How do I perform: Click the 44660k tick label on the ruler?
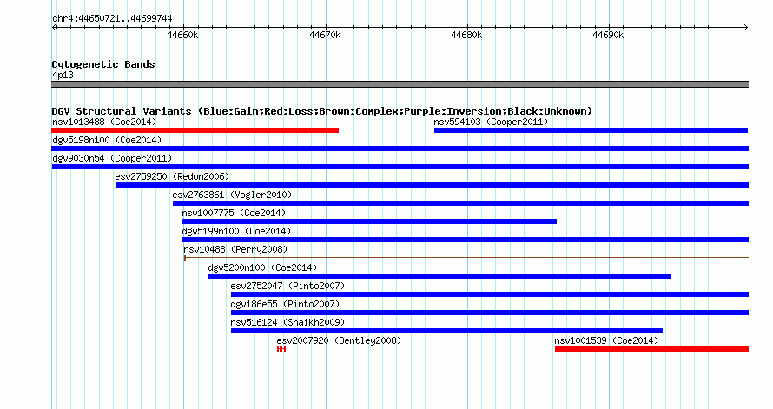coord(182,35)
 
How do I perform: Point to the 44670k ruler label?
coord(324,35)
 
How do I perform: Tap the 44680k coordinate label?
coord(466,35)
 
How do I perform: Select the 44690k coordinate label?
coord(608,35)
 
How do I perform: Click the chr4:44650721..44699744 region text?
coord(112,19)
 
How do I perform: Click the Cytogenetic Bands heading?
coord(103,64)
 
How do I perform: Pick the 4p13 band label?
coord(63,75)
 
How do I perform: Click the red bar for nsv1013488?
coord(195,130)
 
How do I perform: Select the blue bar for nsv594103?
coord(591,130)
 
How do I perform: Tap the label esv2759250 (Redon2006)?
coord(172,176)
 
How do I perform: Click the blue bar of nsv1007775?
coord(369,221)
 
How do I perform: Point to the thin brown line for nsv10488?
coord(466,257)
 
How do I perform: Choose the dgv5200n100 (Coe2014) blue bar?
coord(439,276)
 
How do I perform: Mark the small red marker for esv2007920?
coord(281,349)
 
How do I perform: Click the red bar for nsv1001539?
coord(651,349)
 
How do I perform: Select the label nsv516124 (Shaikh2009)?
coord(287,322)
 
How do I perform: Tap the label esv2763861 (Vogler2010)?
coord(232,195)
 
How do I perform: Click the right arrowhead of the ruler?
coord(746,28)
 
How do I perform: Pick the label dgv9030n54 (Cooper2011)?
coord(112,158)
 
